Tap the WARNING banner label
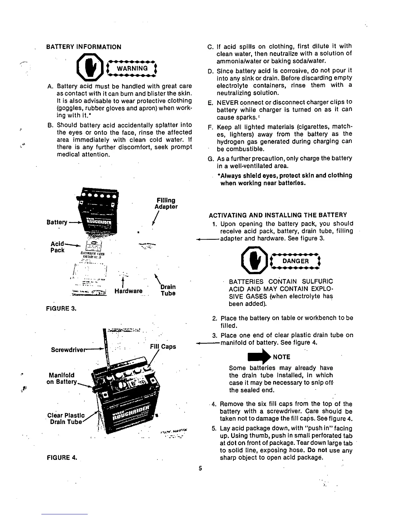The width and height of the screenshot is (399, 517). [132, 68]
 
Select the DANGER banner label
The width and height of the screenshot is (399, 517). [295, 261]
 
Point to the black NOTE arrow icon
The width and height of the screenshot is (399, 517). [264, 357]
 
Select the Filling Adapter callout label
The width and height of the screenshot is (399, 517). [166, 203]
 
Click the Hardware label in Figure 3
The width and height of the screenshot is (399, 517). [128, 291]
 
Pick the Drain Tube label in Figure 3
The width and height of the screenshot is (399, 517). [168, 290]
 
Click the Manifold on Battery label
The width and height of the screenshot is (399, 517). [62, 378]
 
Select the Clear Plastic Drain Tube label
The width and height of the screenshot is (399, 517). [66, 418]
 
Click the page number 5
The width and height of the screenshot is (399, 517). [201, 469]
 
